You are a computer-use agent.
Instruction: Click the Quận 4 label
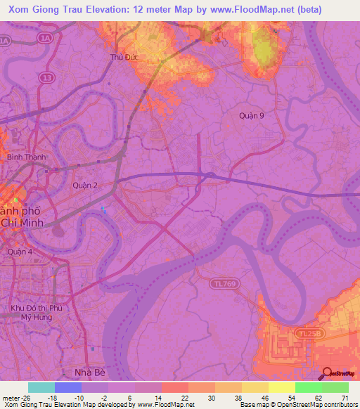click(15, 252)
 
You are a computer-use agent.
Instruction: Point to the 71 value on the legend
click(345, 398)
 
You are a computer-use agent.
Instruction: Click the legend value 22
click(186, 398)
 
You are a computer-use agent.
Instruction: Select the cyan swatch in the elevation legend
click(41, 387)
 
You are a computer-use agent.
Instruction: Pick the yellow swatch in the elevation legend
click(281, 387)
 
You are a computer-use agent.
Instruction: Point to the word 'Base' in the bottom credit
click(247, 405)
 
